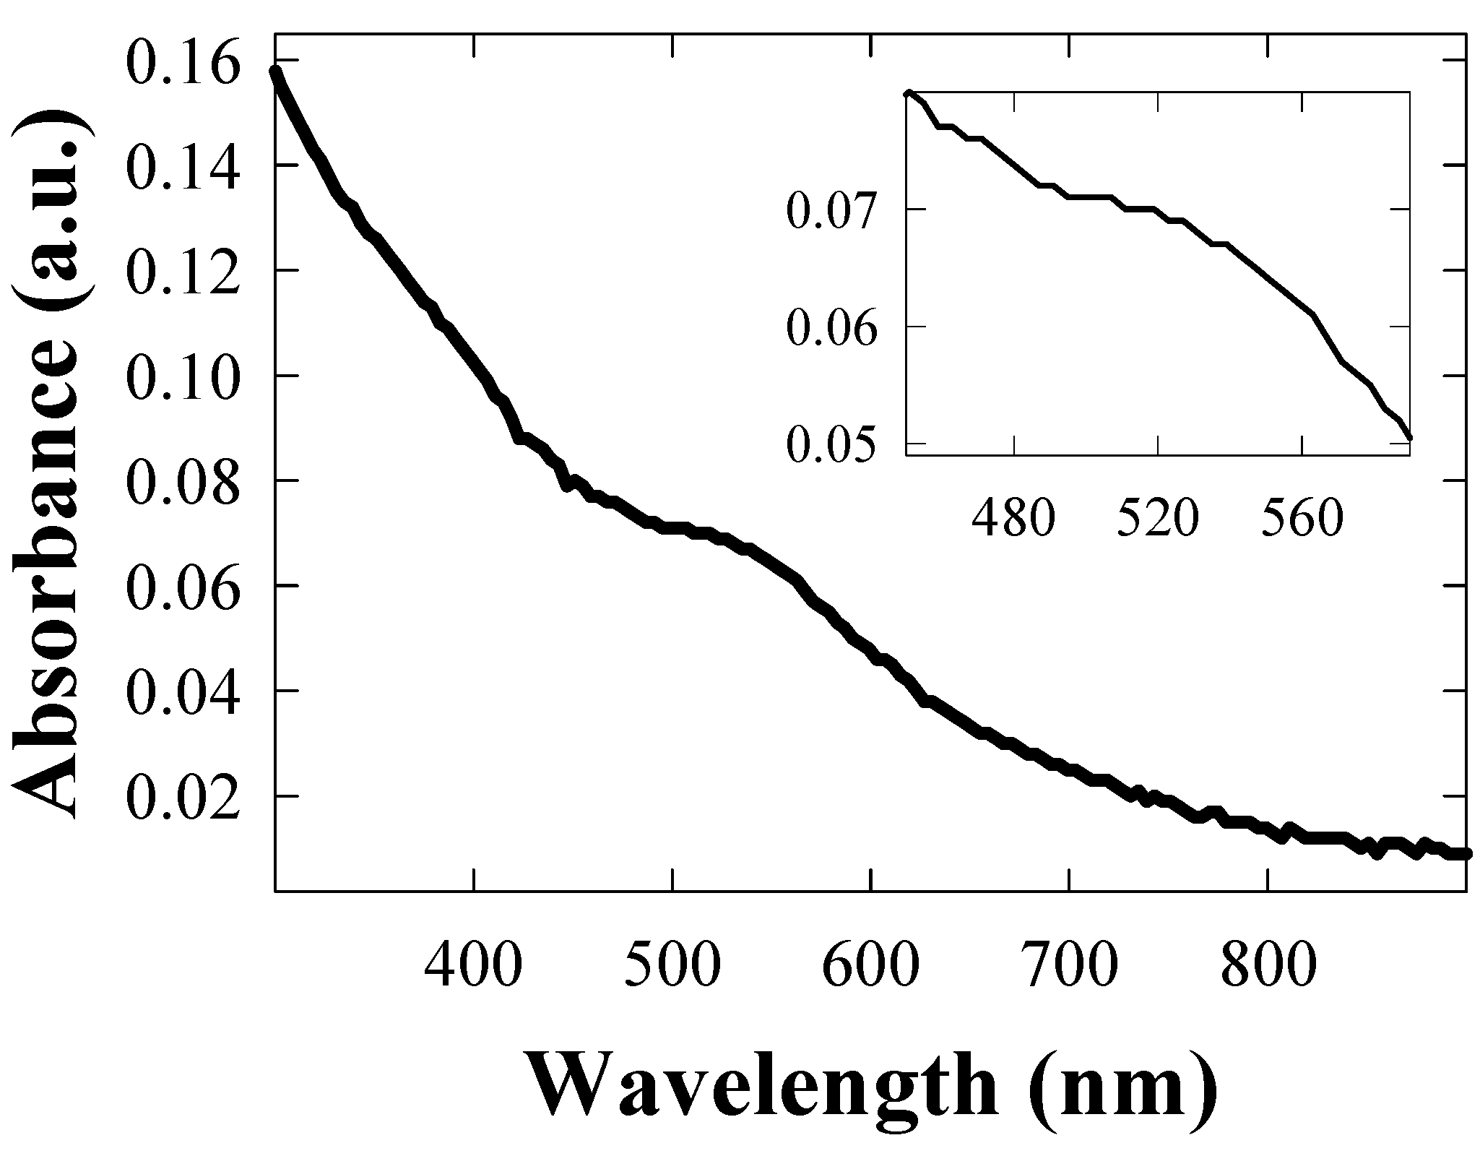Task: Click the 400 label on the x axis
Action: (473, 967)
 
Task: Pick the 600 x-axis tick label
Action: (871, 967)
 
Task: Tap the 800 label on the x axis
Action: (1268, 967)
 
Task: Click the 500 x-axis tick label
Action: (672, 967)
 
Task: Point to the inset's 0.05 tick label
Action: (831, 445)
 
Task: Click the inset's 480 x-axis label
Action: (1013, 519)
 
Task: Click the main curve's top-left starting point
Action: (275, 72)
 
